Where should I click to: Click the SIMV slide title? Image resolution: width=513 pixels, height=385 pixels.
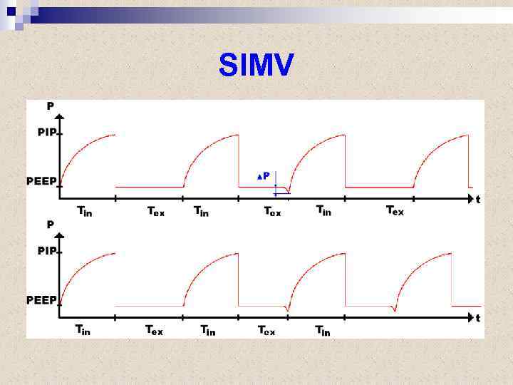click(256, 66)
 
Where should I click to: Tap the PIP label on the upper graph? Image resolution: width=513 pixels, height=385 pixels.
click(47, 133)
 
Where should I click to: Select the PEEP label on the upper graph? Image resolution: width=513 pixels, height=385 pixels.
click(41, 180)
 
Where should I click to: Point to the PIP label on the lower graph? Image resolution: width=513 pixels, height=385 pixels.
click(47, 250)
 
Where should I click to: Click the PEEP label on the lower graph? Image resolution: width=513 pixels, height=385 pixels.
click(41, 299)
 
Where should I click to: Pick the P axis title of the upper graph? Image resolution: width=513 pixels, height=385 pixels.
click(50, 106)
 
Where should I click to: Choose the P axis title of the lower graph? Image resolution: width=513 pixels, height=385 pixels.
click(50, 224)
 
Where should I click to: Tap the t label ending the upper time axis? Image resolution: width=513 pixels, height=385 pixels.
click(477, 200)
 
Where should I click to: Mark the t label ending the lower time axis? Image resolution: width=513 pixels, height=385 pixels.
click(477, 317)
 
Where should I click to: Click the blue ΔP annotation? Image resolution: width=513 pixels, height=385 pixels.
click(263, 175)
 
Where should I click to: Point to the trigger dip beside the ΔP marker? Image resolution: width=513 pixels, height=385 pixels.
click(286, 191)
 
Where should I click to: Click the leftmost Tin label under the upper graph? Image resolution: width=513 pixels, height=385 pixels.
click(84, 210)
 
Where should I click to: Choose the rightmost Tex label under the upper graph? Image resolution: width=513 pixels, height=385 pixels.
click(395, 210)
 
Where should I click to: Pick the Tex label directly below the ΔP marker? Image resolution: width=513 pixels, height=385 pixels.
click(272, 211)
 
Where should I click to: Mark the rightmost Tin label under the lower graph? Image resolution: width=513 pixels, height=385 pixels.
click(323, 330)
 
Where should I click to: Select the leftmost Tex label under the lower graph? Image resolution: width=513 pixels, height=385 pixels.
click(154, 330)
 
